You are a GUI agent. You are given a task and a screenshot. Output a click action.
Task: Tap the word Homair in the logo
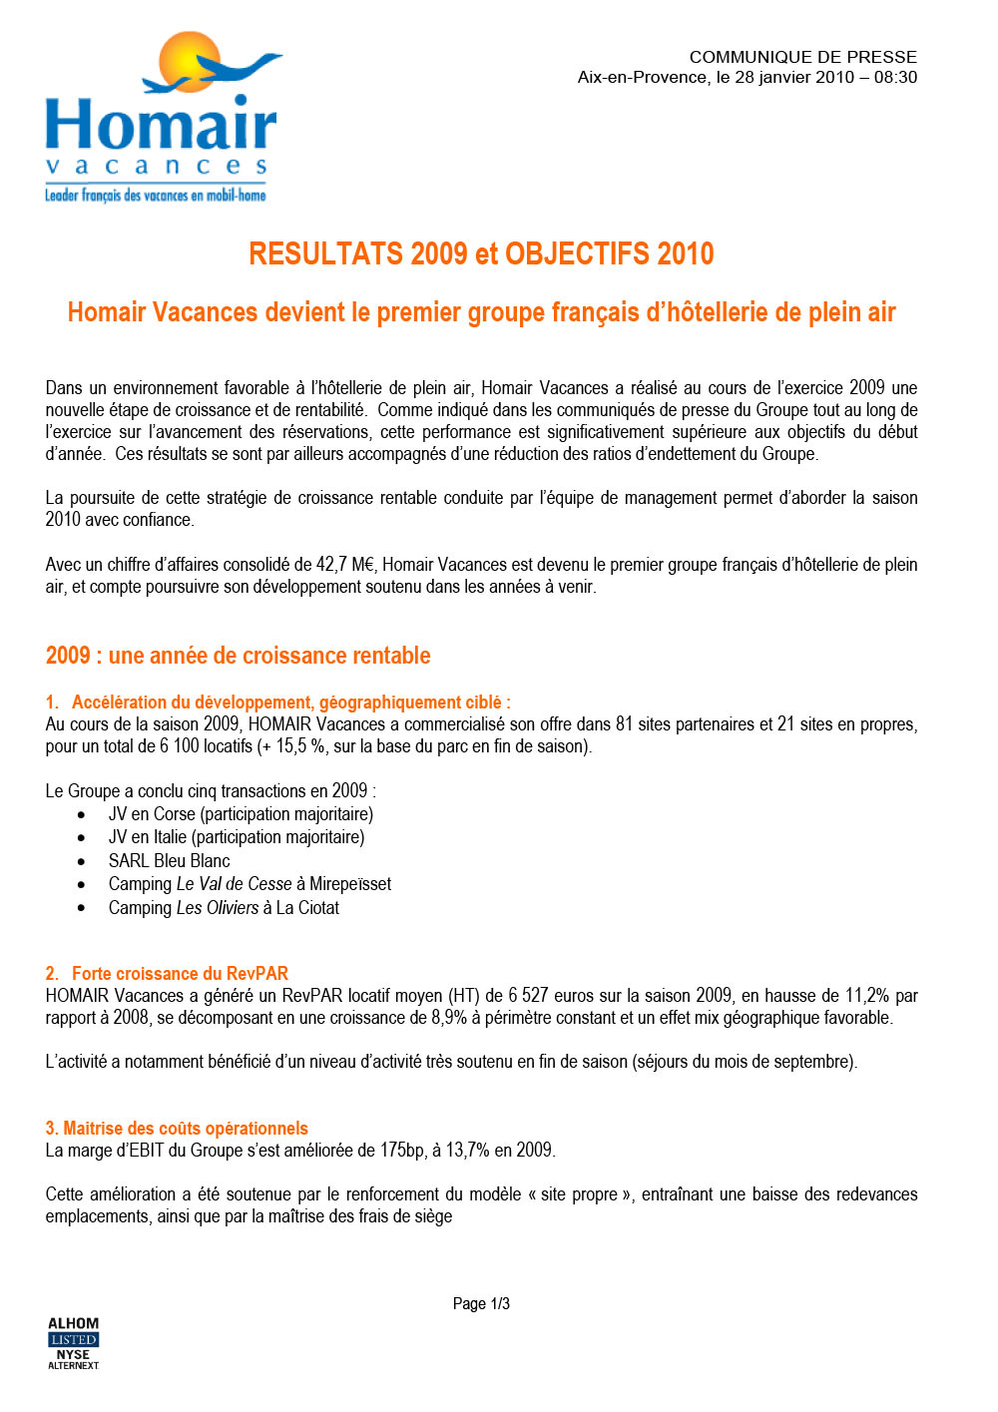(160, 125)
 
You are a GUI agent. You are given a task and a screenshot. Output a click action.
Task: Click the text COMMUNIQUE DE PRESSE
(802, 57)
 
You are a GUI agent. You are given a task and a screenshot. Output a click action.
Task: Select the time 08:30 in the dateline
(895, 78)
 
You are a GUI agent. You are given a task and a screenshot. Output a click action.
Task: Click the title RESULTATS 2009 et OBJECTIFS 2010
(481, 253)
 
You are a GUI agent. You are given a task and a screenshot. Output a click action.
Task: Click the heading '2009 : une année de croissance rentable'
(238, 656)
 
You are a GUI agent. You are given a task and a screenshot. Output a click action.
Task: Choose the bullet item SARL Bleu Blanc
(169, 860)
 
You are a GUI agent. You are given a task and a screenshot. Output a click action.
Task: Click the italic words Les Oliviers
(217, 907)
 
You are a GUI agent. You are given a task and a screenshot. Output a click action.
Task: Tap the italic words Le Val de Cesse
(234, 884)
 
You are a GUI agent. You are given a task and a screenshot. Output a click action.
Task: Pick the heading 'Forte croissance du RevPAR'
(180, 973)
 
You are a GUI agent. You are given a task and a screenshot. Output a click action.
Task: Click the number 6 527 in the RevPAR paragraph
(528, 995)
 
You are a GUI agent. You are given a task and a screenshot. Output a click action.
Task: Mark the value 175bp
(402, 1150)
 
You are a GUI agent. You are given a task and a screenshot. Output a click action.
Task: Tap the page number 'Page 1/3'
(481, 1303)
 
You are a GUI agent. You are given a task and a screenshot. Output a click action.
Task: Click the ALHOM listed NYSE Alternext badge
(73, 1343)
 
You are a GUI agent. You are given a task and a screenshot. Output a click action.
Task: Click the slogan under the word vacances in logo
(155, 196)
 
